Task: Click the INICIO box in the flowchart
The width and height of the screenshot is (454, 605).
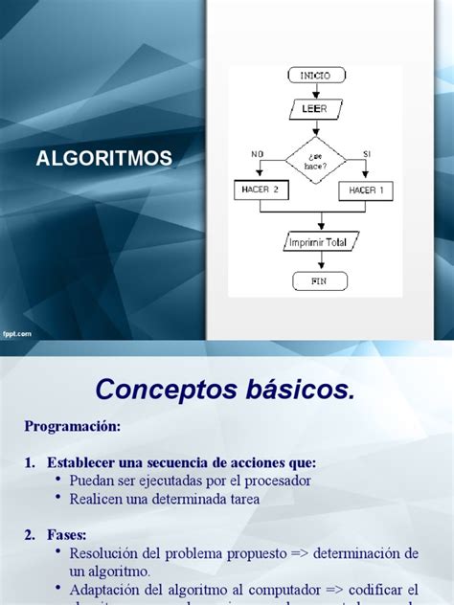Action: click(x=314, y=75)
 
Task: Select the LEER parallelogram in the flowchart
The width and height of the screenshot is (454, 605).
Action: click(x=314, y=109)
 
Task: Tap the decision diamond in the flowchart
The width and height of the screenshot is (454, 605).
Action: click(x=314, y=159)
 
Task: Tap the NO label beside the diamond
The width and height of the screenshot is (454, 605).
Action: click(x=257, y=153)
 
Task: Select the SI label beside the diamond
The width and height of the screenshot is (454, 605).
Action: click(x=366, y=153)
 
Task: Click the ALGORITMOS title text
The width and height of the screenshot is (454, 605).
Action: click(x=103, y=158)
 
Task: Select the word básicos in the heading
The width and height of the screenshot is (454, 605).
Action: click(x=305, y=389)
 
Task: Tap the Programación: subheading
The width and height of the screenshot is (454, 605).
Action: click(x=73, y=425)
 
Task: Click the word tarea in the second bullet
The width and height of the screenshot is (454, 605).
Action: click(x=241, y=499)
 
